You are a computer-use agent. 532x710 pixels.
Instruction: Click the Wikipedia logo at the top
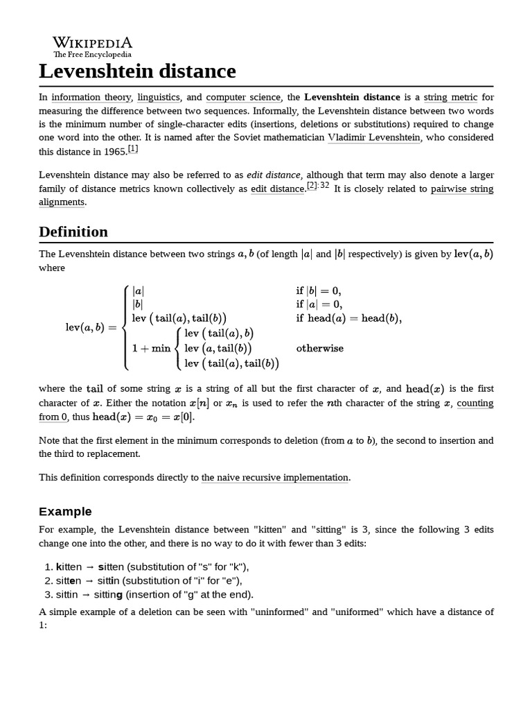[x=92, y=46]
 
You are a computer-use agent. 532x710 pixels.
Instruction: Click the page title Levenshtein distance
[x=137, y=71]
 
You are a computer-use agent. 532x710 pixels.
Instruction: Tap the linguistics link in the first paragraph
[x=159, y=98]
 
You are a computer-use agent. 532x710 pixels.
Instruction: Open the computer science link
[x=243, y=98]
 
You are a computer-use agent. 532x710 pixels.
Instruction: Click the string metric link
[x=450, y=98]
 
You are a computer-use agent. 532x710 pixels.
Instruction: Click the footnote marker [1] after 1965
[x=133, y=149]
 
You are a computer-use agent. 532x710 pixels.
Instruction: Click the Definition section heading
[x=73, y=232]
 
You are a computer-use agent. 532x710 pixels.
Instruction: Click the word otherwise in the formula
[x=319, y=348]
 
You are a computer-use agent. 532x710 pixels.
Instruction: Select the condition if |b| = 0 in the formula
[x=319, y=291]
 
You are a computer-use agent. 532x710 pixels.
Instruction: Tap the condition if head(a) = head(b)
[x=348, y=319]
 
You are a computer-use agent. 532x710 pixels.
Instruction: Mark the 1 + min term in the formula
[x=151, y=348]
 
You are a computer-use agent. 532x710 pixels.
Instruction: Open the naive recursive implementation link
[x=274, y=478]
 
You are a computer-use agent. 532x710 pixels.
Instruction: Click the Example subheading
[x=65, y=512]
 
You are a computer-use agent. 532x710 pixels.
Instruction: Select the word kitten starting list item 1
[x=70, y=566]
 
